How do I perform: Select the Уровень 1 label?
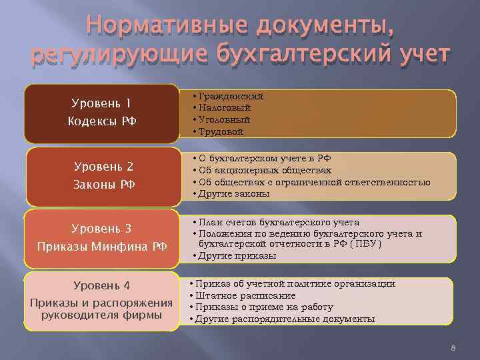[x=101, y=103]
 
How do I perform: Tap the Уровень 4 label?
[x=101, y=285]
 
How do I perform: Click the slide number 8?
[x=453, y=348]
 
